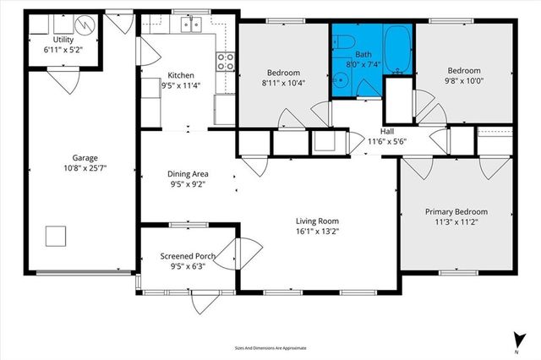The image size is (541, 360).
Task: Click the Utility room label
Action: click(63, 40)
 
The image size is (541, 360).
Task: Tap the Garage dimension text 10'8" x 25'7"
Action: click(83, 167)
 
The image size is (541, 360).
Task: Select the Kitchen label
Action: click(182, 74)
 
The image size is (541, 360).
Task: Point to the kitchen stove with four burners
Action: click(226, 61)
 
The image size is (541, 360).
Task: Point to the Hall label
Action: click(387, 132)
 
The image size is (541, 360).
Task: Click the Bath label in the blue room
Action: click(363, 54)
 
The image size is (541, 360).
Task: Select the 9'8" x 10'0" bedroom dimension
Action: click(465, 81)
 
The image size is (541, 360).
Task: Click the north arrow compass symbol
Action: click(515, 339)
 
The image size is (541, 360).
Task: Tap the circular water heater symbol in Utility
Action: click(86, 25)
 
